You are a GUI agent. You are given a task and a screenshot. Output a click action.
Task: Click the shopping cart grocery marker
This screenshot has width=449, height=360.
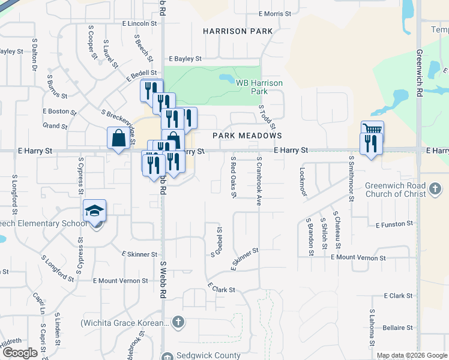pyautogui.click(x=372, y=130)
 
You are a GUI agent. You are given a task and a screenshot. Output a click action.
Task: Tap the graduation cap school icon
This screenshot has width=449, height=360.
pyautogui.click(x=95, y=211)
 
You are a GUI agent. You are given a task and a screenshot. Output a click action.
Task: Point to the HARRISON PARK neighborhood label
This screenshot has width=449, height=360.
pyautogui.click(x=238, y=31)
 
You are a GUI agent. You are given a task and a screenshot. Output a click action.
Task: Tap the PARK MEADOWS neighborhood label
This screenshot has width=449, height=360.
pyautogui.click(x=247, y=136)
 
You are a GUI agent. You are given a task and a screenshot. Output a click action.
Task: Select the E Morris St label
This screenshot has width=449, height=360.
pyautogui.click(x=274, y=14)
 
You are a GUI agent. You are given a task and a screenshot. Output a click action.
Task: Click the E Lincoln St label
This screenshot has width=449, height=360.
pyautogui.click(x=139, y=23)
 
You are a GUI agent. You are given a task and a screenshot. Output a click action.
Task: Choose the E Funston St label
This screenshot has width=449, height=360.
pyautogui.click(x=394, y=224)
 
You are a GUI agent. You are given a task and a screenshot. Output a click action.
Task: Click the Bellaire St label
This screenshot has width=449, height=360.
pyautogui.click(x=397, y=328)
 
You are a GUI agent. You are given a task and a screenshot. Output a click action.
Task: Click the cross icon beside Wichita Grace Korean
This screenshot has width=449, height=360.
pyautogui.click(x=177, y=323)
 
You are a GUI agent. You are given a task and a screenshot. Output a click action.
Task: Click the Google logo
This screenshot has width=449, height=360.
pyautogui.click(x=20, y=353)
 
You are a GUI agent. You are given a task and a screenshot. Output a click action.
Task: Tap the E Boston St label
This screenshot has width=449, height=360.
pyautogui.click(x=59, y=112)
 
